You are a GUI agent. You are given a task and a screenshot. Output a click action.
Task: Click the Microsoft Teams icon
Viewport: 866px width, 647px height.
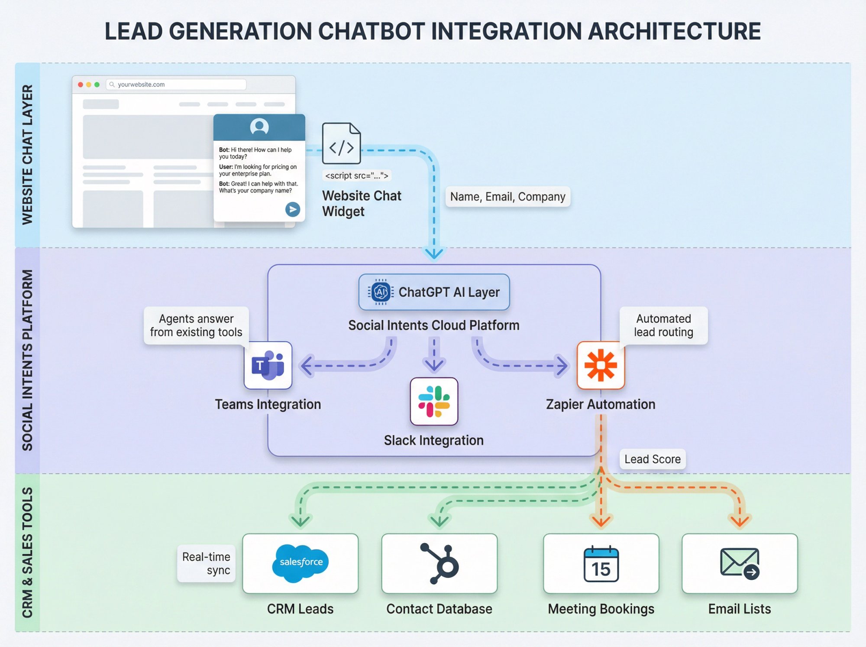point(268,365)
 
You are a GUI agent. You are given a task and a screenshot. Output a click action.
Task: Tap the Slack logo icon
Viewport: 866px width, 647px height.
point(434,401)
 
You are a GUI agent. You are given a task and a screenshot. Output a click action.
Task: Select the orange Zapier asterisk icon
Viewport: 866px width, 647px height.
point(601,365)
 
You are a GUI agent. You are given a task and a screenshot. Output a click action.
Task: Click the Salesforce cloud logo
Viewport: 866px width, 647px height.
point(301,562)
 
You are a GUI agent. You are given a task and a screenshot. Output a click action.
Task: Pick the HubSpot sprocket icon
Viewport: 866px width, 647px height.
point(439,563)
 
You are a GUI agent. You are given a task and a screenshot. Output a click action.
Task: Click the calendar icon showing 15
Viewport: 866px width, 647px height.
point(601,564)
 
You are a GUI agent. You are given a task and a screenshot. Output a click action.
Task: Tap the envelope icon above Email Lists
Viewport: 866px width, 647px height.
point(740,563)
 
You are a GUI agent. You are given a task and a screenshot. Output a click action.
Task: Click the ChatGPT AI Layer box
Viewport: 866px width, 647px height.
point(434,292)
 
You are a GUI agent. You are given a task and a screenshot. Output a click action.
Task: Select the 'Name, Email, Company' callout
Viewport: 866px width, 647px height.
point(507,197)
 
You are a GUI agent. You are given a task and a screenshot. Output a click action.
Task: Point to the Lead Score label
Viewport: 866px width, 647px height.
point(652,459)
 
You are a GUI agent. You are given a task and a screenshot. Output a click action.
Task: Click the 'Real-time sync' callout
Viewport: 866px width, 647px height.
point(206,563)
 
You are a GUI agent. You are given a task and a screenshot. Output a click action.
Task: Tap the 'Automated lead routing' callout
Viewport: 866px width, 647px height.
point(663,325)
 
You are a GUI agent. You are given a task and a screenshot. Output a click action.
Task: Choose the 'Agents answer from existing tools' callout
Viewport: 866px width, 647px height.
point(196,325)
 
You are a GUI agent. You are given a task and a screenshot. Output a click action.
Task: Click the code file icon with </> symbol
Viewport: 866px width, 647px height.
point(341,144)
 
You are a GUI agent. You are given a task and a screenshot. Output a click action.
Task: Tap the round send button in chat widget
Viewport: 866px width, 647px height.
point(293,209)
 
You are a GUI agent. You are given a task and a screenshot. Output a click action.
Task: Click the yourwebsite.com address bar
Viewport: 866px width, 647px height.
point(176,85)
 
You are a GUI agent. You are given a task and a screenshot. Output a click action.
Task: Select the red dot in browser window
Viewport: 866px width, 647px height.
point(81,85)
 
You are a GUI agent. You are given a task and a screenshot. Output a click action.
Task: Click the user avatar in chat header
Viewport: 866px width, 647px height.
point(259,127)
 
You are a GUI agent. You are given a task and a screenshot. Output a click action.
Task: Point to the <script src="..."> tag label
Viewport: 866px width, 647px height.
point(357,176)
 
